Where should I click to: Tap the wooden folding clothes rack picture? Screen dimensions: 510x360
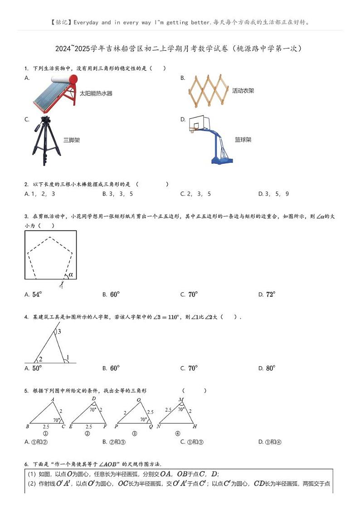click(x=208, y=91)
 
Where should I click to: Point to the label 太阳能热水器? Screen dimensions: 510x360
click(x=96, y=93)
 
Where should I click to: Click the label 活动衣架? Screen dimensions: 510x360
click(x=243, y=91)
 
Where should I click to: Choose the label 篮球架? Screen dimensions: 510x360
click(x=243, y=140)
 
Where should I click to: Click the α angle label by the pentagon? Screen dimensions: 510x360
click(x=70, y=274)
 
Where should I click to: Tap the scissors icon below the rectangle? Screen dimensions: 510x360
click(x=61, y=285)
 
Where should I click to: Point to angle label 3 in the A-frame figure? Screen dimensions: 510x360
click(x=59, y=332)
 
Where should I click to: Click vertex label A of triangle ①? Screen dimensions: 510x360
click(x=53, y=399)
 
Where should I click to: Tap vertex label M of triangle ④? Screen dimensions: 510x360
click(x=180, y=399)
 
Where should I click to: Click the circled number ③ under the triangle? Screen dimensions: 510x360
click(x=134, y=433)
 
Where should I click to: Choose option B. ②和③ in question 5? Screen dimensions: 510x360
click(x=114, y=442)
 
